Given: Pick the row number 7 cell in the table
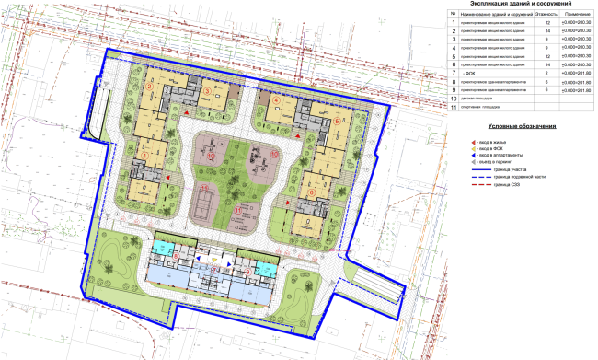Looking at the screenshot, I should pyautogui.click(x=453, y=74).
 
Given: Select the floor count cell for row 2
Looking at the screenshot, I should pyautogui.click(x=547, y=33).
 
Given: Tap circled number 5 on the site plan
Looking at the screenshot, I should pyautogui.click(x=337, y=120).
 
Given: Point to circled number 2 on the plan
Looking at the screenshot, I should pyautogui.click(x=147, y=88).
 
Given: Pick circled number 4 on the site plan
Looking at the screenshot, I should pyautogui.click(x=276, y=99).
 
